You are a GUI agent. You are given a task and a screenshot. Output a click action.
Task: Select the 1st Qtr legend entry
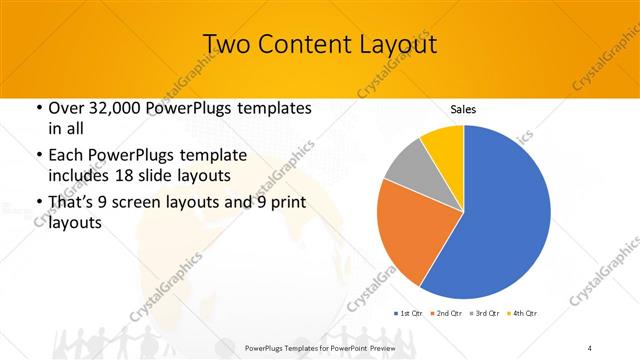tap(409, 314)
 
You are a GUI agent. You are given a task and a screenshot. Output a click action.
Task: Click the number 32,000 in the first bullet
tap(109, 108)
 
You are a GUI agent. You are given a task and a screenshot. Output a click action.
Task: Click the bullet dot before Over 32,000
tap(39, 108)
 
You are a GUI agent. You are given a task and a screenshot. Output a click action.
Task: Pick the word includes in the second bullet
tap(82, 175)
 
